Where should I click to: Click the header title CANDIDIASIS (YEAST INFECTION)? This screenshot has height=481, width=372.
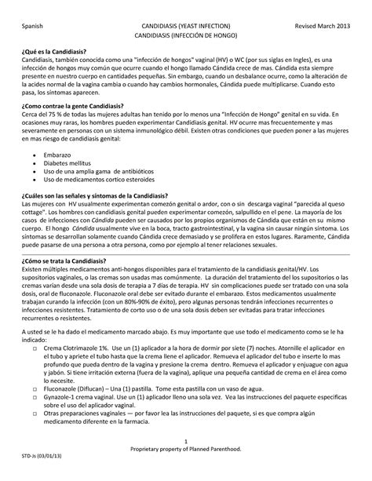pos(186,26)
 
